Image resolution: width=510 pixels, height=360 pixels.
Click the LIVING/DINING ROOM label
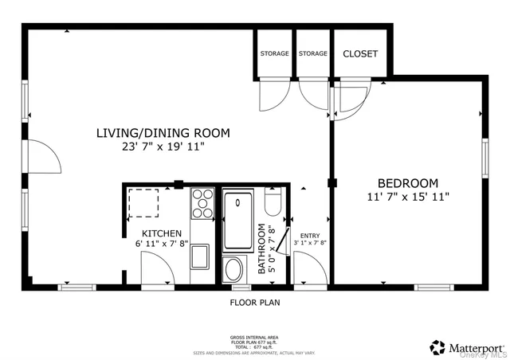tap(163, 132)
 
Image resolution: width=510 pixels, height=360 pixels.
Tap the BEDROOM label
tap(408, 182)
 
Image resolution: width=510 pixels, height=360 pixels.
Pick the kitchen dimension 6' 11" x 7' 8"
tap(162, 244)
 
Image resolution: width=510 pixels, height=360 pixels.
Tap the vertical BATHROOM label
tap(262, 249)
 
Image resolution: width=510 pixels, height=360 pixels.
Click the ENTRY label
tap(310, 236)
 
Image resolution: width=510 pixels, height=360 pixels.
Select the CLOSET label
tap(360, 54)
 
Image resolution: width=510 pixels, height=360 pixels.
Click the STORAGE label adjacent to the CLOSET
tap(313, 54)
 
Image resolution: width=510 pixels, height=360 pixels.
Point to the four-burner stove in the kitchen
tap(202, 203)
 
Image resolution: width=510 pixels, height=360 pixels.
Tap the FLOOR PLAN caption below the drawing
tap(255, 303)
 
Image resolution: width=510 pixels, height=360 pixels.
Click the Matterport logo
tap(467, 346)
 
